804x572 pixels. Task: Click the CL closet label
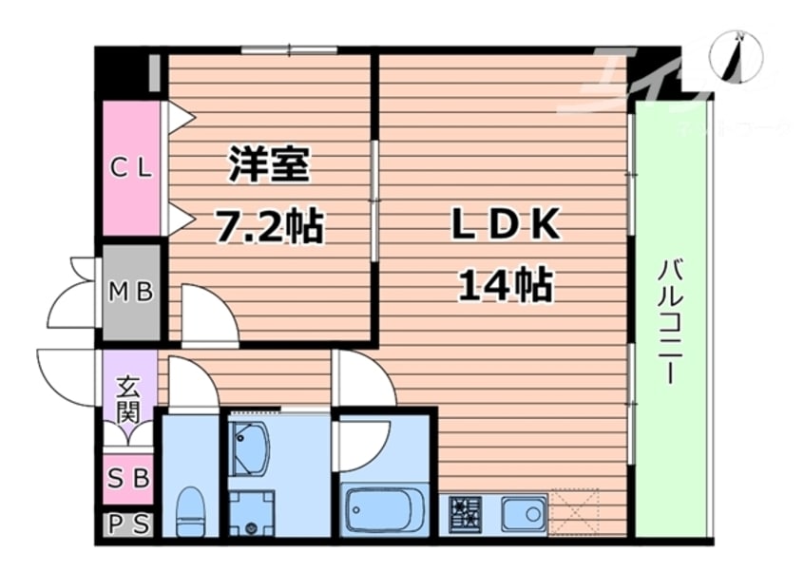click(131, 169)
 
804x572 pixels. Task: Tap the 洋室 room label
click(269, 164)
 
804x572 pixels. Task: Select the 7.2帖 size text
click(269, 226)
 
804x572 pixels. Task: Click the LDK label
click(504, 225)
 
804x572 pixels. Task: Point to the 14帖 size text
click(506, 283)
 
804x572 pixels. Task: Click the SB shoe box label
click(128, 479)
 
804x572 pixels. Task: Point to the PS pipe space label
click(128, 524)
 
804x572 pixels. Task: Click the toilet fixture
click(191, 511)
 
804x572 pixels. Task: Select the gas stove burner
click(467, 514)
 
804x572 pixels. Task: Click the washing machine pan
click(251, 513)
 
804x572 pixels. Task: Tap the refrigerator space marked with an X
click(575, 512)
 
